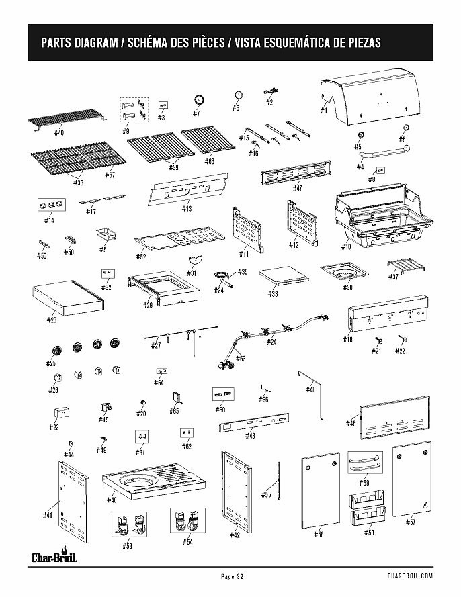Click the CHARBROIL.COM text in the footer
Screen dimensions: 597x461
pyautogui.click(x=409, y=576)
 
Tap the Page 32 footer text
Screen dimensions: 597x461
pyautogui.click(x=230, y=576)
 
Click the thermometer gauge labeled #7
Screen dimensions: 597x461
pyautogui.click(x=199, y=99)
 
